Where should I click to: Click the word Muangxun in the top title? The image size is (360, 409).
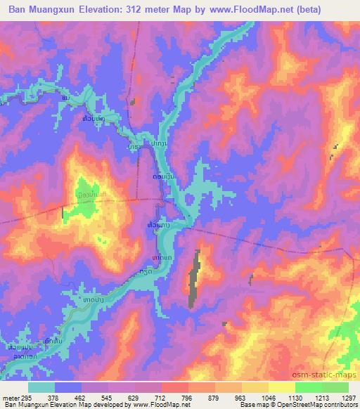[x=60, y=9]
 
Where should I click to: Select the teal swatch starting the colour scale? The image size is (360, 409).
[x=41, y=387]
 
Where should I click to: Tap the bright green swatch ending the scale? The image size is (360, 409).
[x=335, y=387]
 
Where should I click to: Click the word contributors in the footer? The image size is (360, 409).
[x=341, y=404]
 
